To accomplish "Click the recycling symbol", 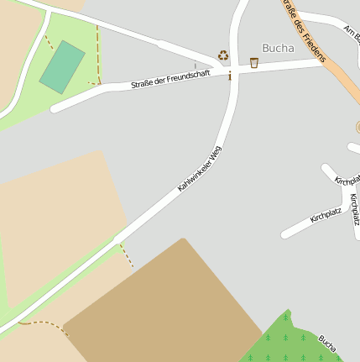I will coord(223,55).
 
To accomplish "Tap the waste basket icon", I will coord(254,62).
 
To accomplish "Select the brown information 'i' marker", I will coord(230,76).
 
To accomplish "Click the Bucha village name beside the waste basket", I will coord(278,48).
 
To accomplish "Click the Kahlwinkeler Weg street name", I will coord(200,169).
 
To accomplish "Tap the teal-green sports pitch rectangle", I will coord(62,67).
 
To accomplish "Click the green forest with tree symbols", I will coord(290,342).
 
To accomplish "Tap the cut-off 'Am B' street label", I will coord(352,33).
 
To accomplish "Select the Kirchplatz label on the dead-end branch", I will coord(326,217).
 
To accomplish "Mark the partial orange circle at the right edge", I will coord(357,127).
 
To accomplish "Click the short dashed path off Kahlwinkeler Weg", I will coord(127,254).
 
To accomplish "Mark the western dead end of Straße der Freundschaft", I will coord(55,108).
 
